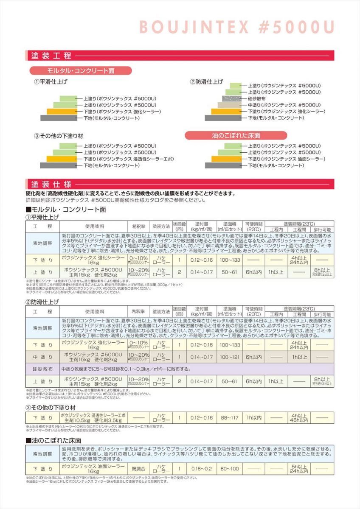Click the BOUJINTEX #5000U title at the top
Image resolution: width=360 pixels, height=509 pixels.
tap(236, 28)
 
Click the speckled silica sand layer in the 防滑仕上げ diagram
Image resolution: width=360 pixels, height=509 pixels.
tap(233, 98)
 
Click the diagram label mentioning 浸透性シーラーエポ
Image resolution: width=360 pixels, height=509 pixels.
tap(129, 159)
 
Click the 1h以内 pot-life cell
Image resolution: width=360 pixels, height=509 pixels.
tap(254, 418)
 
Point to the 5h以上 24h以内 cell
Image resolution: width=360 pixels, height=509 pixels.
tap(299, 469)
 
